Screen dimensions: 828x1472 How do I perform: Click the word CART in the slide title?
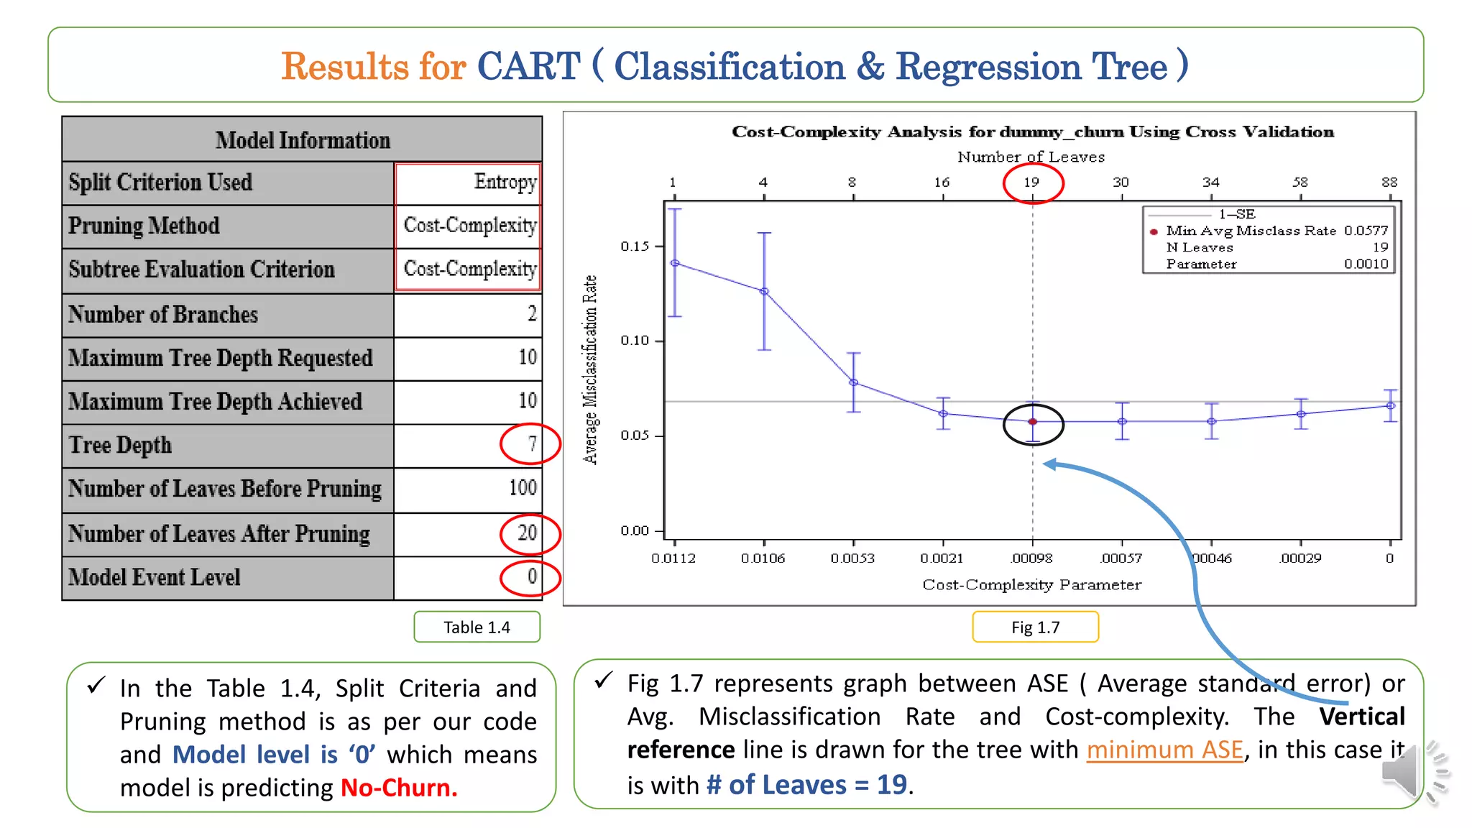click(x=528, y=66)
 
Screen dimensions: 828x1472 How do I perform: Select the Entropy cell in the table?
click(x=505, y=182)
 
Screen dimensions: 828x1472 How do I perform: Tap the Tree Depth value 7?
click(x=532, y=443)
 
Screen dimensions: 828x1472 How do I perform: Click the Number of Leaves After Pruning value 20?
click(x=528, y=533)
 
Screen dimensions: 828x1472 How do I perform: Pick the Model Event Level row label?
click(x=155, y=577)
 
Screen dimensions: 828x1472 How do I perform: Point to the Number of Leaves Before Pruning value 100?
click(x=523, y=488)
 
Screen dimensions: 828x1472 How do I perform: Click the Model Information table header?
click(x=303, y=140)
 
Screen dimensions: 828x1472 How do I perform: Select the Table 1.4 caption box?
click(x=477, y=627)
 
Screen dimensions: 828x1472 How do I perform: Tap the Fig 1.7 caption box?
click(x=1035, y=627)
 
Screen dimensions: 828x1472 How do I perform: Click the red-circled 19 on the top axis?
click(x=1032, y=183)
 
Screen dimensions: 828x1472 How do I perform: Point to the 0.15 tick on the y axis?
click(x=635, y=247)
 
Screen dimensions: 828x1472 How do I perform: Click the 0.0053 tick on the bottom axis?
click(x=852, y=558)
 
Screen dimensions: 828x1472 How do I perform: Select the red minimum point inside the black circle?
click(x=1033, y=422)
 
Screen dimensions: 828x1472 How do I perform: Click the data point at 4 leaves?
click(x=764, y=292)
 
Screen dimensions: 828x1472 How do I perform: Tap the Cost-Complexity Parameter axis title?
click(x=1031, y=584)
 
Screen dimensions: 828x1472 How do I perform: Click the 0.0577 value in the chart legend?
click(x=1366, y=231)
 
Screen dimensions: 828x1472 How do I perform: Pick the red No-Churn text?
click(x=399, y=788)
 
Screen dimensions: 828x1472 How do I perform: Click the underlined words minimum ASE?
click(x=1164, y=750)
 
